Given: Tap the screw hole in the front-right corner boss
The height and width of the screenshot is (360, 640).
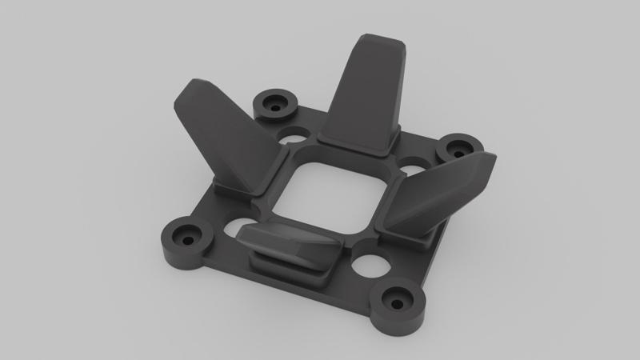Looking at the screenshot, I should coord(398,303).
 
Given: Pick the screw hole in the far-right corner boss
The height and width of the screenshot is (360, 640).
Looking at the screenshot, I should coord(459,149).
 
